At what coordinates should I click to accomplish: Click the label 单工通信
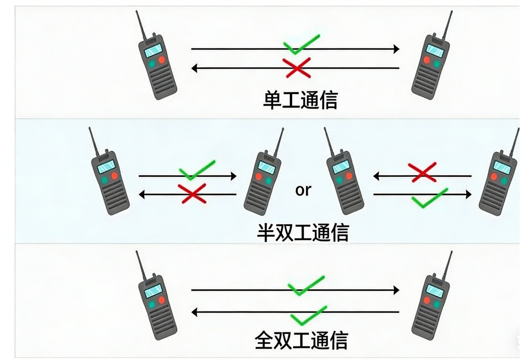tap(301, 100)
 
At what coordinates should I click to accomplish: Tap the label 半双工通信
tap(303, 232)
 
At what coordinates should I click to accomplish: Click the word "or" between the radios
tap(303, 190)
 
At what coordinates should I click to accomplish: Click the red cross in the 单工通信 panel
tap(297, 67)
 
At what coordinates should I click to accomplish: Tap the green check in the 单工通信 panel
tap(301, 44)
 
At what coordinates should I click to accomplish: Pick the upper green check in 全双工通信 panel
tap(306, 285)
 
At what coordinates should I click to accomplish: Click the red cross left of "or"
tap(192, 193)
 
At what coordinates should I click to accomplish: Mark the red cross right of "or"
tap(422, 172)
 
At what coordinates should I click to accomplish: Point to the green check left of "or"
tap(197, 170)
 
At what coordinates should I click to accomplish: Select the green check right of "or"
tap(429, 198)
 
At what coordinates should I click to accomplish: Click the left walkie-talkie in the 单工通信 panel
tap(155, 56)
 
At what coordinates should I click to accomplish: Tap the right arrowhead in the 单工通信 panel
tap(397, 49)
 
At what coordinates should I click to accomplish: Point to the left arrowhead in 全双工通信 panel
tap(195, 312)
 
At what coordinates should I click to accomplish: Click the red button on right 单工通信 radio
tap(427, 60)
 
